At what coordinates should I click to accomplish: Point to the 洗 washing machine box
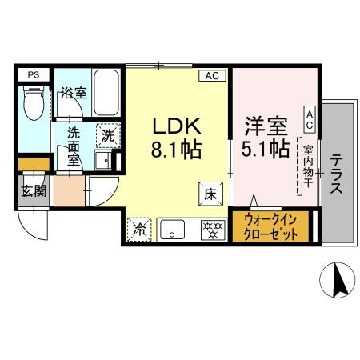(108, 134)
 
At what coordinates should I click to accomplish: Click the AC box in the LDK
(212, 76)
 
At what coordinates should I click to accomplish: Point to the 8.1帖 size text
(174, 149)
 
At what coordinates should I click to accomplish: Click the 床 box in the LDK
(210, 193)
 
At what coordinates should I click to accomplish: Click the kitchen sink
(173, 230)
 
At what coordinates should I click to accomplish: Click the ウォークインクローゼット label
(270, 227)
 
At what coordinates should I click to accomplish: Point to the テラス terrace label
(336, 174)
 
